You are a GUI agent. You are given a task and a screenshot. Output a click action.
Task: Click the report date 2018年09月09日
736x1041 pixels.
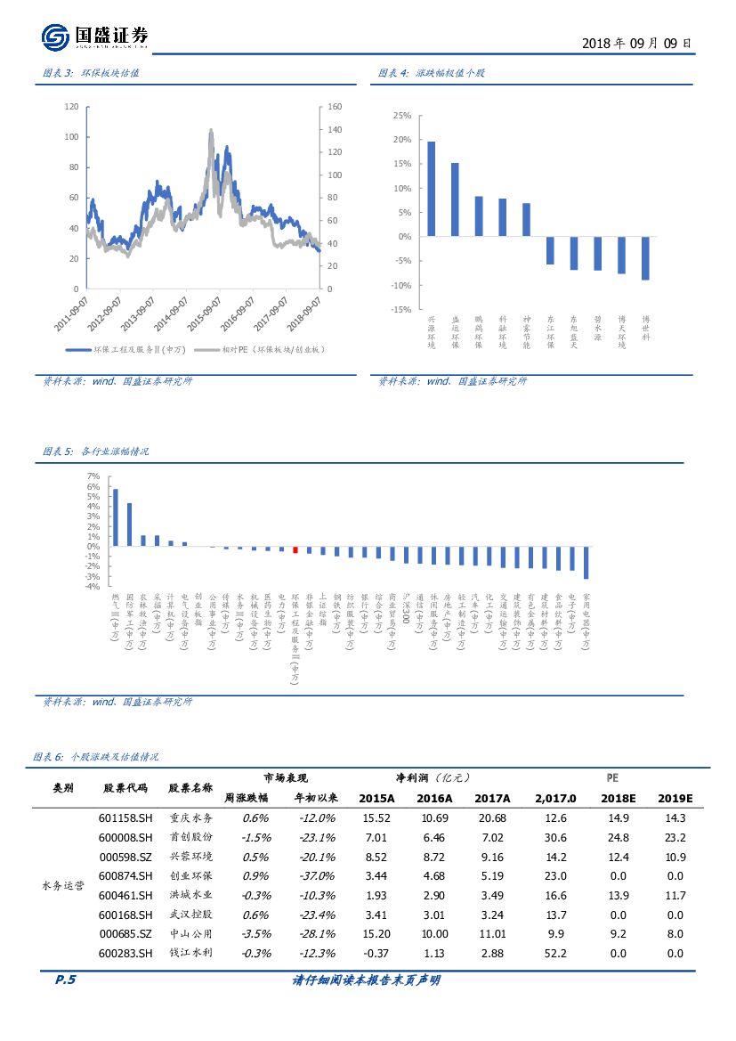click(635, 43)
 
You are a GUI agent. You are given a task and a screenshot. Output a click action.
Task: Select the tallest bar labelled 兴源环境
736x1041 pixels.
click(432, 189)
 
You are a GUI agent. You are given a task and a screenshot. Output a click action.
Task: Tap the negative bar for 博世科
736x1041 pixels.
click(645, 258)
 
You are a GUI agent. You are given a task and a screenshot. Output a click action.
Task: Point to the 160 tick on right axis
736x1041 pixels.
click(336, 107)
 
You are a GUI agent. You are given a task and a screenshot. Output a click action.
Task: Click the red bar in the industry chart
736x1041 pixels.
click(295, 549)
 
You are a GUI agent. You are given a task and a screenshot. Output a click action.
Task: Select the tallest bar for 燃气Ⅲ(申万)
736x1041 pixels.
click(115, 517)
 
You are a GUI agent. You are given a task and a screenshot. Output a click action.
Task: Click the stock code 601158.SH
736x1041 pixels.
click(126, 818)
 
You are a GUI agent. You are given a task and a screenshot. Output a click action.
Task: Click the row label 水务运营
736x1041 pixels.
click(63, 886)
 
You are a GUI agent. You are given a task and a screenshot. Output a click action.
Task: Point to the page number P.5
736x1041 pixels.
click(65, 980)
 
